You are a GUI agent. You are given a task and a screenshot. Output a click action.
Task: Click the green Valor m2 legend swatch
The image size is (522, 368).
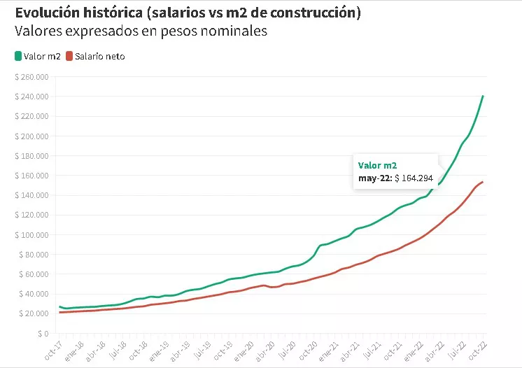(18, 56)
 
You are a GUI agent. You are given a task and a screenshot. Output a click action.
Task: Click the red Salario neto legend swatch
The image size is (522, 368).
(69, 56)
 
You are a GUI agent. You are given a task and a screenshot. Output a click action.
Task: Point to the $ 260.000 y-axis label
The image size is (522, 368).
(31, 77)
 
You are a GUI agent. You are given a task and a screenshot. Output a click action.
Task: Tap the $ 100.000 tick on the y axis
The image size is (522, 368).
(31, 235)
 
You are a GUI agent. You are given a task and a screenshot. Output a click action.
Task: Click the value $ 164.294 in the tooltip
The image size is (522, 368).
(415, 178)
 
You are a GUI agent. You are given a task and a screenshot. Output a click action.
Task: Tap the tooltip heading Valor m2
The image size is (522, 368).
(377, 165)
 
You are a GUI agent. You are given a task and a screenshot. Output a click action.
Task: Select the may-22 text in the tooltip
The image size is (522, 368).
(374, 178)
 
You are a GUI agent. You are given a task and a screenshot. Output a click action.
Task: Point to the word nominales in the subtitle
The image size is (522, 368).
(236, 31)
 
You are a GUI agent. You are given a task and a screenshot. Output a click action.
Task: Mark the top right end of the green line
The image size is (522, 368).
(483, 96)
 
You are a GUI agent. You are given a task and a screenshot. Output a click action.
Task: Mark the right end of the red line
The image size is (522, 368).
(483, 182)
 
